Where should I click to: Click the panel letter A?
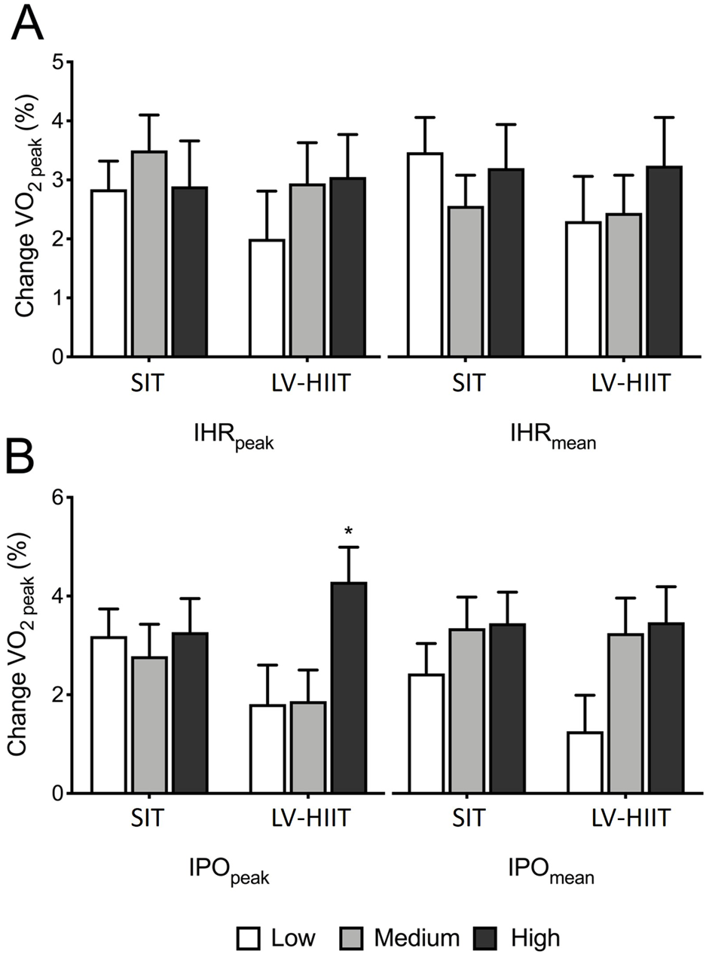tap(26, 26)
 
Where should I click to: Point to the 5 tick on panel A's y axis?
tap(59, 62)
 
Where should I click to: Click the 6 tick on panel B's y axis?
tap(59, 497)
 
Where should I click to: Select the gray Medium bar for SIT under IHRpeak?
tap(148, 254)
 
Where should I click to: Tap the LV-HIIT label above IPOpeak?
tap(310, 820)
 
